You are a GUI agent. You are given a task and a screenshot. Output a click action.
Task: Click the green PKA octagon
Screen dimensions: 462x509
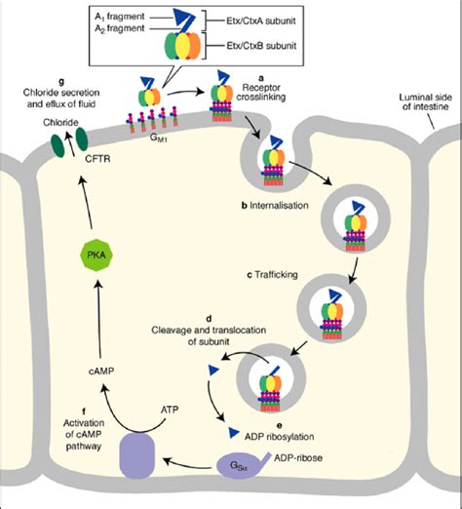click(x=96, y=254)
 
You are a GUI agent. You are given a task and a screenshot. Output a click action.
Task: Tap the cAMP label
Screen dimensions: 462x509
click(x=101, y=371)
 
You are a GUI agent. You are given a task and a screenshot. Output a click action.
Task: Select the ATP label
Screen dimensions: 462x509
click(x=170, y=410)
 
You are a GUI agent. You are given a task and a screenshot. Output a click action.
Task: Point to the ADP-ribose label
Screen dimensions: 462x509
click(x=298, y=457)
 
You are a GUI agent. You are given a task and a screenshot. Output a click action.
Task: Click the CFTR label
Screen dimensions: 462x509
click(x=97, y=159)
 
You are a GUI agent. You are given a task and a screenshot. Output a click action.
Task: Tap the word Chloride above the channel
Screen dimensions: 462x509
click(x=60, y=123)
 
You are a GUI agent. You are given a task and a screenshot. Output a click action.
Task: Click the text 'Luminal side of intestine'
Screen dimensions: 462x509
click(x=425, y=101)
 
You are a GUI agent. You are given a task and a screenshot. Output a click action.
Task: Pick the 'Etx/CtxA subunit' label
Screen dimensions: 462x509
click(x=261, y=20)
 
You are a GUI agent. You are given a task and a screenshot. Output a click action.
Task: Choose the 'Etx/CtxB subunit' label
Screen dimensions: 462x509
click(x=261, y=46)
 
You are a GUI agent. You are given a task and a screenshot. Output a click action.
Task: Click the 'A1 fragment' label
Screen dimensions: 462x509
click(x=120, y=17)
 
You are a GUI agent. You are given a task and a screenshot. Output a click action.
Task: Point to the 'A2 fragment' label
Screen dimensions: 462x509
click(x=120, y=28)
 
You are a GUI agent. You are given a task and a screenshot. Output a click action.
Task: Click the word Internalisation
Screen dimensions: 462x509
click(x=279, y=206)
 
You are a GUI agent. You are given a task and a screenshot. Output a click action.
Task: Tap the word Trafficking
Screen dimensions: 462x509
click(x=276, y=275)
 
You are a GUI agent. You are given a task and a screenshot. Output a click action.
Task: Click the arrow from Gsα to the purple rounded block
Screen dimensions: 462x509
click(x=187, y=464)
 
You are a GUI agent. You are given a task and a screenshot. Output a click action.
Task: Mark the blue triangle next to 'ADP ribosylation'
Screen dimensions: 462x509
click(x=234, y=432)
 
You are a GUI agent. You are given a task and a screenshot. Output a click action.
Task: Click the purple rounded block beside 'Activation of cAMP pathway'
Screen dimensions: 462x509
click(x=137, y=455)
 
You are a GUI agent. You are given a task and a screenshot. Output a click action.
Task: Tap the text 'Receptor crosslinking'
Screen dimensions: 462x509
click(x=261, y=92)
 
